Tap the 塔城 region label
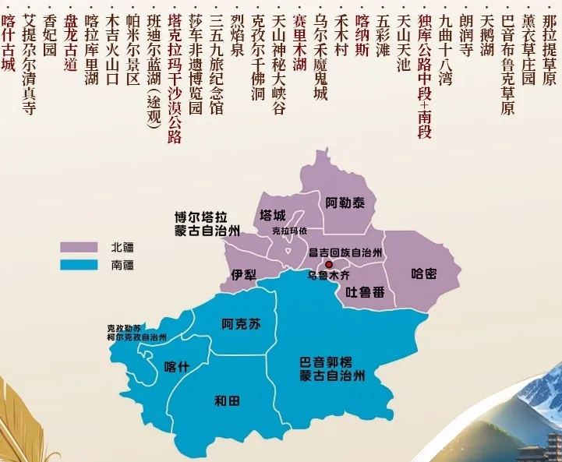(x=273, y=216)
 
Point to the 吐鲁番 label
(x=365, y=292)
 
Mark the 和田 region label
(x=229, y=401)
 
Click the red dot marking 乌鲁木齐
(x=328, y=265)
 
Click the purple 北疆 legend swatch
(x=81, y=247)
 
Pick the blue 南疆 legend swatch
(x=81, y=265)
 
